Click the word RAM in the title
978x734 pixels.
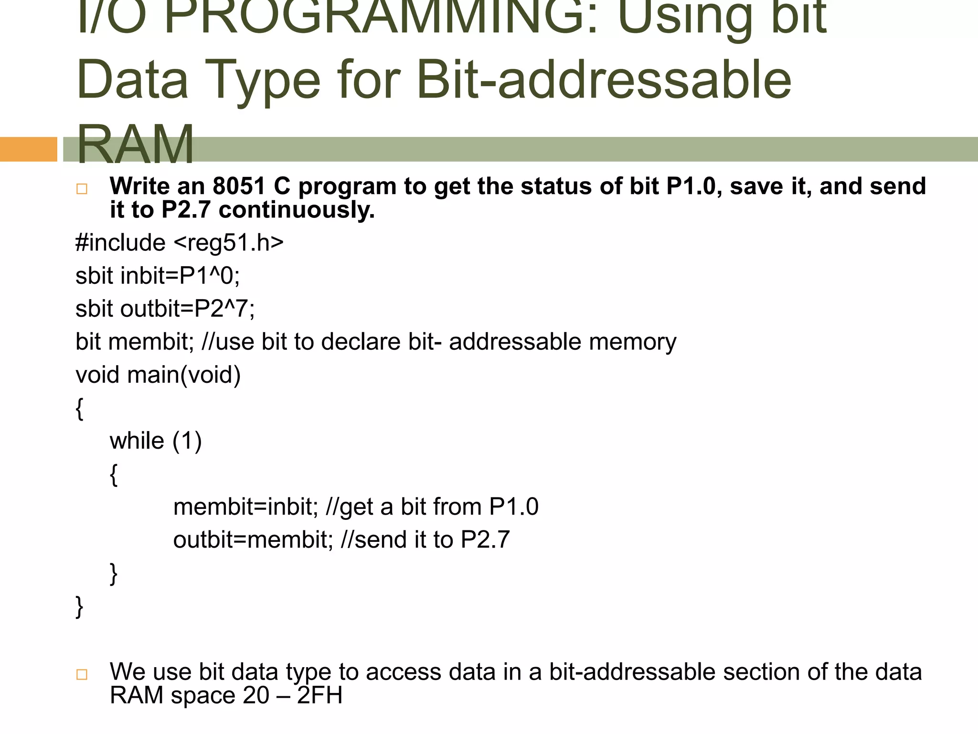coord(135,143)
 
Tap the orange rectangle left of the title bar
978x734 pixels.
coord(28,149)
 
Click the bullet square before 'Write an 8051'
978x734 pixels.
coord(82,189)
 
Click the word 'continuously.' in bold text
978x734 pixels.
coord(297,210)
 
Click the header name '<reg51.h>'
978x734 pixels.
coord(228,242)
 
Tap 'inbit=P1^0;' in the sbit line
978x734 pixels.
coord(180,276)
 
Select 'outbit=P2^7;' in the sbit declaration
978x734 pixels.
coord(188,309)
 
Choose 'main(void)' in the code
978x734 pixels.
coord(184,375)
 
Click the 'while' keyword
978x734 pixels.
coord(137,441)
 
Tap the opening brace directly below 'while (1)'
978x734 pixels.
coord(114,475)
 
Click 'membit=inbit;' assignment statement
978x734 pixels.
coord(245,507)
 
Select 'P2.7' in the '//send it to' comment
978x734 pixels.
coord(485,540)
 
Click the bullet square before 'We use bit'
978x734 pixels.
coord(82,674)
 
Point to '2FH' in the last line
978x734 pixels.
coord(319,695)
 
